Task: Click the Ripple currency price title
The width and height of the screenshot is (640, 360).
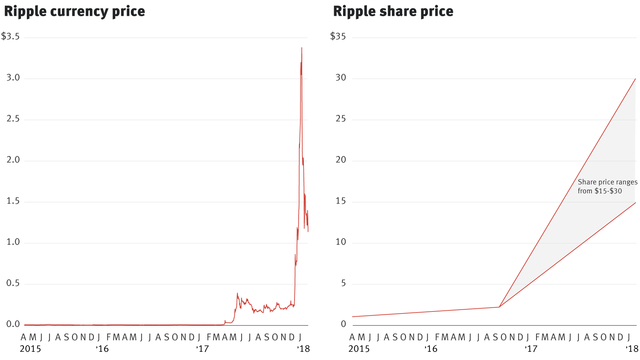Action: (x=74, y=11)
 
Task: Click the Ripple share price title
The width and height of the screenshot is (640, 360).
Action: (x=393, y=11)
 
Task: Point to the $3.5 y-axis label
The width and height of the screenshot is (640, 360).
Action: (x=10, y=36)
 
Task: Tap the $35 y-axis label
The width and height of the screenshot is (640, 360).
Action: (x=338, y=36)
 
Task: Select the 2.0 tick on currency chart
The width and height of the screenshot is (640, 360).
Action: (x=13, y=160)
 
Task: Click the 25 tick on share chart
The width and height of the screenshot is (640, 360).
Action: (x=341, y=119)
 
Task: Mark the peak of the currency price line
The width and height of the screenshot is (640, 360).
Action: (x=302, y=48)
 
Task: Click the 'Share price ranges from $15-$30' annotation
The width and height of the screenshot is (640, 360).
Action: (x=607, y=187)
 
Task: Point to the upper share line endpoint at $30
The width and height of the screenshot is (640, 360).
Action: (x=635, y=79)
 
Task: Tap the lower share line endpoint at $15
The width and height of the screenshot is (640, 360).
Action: (x=635, y=203)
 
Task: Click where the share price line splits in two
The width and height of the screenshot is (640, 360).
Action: (x=499, y=307)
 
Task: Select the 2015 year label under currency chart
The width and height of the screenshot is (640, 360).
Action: (x=30, y=349)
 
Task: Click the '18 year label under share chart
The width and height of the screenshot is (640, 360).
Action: (x=632, y=349)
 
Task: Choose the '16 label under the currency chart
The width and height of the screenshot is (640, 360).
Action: (x=102, y=349)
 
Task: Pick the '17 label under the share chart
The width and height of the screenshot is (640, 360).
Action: (x=531, y=349)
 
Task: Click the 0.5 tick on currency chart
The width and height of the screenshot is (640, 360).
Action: (x=13, y=283)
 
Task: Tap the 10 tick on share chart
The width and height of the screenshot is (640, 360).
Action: (x=341, y=242)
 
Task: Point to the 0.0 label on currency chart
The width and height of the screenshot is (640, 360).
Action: (x=13, y=324)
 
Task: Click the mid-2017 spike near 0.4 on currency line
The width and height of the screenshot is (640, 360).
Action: (x=237, y=294)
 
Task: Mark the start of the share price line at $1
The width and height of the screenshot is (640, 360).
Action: (x=352, y=317)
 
